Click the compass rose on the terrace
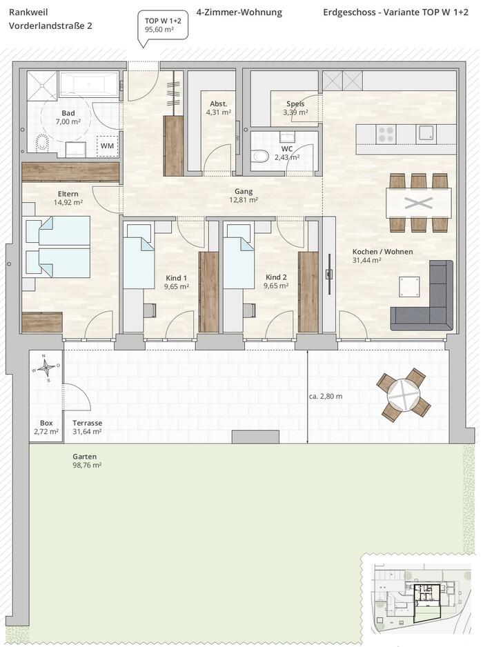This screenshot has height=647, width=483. [x=48, y=367]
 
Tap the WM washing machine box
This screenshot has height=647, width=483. [x=108, y=146]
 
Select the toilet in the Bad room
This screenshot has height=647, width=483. [x=42, y=143]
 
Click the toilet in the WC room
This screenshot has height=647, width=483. [x=259, y=156]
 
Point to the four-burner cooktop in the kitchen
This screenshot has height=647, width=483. [x=386, y=134]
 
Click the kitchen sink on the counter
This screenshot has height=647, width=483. [x=426, y=133]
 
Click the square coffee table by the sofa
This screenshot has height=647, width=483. [x=410, y=286]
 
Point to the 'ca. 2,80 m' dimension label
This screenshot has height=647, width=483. [x=326, y=396]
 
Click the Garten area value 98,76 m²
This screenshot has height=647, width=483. [x=87, y=466]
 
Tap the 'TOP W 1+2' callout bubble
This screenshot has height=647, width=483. [x=163, y=27]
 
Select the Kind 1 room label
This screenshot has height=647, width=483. [x=176, y=278]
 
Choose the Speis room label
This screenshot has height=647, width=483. [x=295, y=104]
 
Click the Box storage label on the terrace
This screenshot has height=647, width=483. [x=46, y=423]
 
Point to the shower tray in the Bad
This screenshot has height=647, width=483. [x=41, y=86]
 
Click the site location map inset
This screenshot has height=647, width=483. [x=422, y=598]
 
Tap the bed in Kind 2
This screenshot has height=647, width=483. [x=239, y=256]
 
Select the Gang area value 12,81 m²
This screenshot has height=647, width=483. [x=244, y=200]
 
